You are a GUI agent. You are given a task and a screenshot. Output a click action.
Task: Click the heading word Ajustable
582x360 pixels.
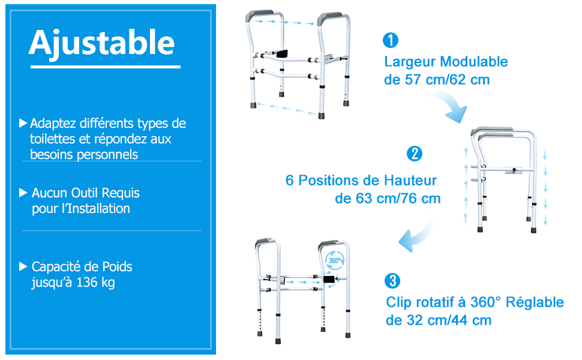tap(102, 44)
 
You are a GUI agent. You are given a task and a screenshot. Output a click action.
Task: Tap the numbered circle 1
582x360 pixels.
tap(391, 40)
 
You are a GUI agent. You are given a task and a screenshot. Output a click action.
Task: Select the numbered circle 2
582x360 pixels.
tap(414, 154)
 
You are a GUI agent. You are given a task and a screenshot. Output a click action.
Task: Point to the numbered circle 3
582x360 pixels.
tap(392, 281)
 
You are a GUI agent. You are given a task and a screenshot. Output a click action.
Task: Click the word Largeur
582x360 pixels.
tap(410, 62)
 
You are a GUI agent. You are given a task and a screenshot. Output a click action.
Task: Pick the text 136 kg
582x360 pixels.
tap(95, 283)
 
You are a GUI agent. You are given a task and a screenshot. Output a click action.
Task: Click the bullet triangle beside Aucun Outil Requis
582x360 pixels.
tap(23, 193)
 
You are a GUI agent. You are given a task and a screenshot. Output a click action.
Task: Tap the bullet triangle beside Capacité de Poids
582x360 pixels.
tap(23, 266)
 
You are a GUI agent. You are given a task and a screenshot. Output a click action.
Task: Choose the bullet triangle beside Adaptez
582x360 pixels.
tap(23, 123)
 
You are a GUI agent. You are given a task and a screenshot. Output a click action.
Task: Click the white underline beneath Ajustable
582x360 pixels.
tap(106, 67)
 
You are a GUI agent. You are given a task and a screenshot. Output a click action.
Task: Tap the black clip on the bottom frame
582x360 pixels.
tap(329, 279)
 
